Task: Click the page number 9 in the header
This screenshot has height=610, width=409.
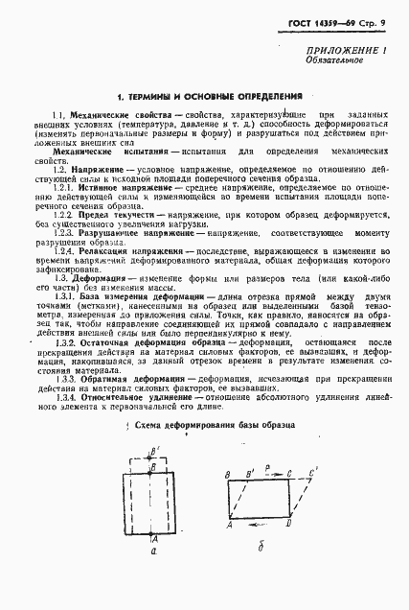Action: point(383,19)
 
